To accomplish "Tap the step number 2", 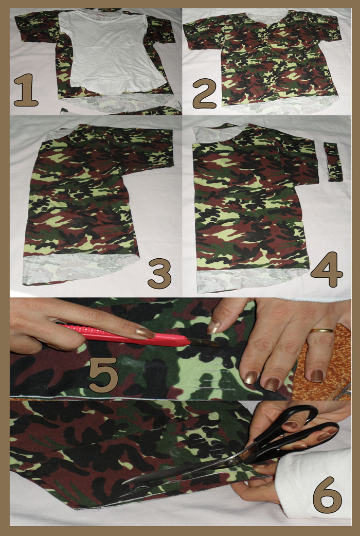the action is tap(205, 93).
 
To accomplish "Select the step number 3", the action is tap(159, 273).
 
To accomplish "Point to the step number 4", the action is tap(327, 270).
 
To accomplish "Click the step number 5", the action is tap(103, 374).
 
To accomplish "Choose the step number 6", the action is tap(327, 495).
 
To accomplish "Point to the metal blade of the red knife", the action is tap(204, 343).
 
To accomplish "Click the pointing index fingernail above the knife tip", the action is tap(214, 327).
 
